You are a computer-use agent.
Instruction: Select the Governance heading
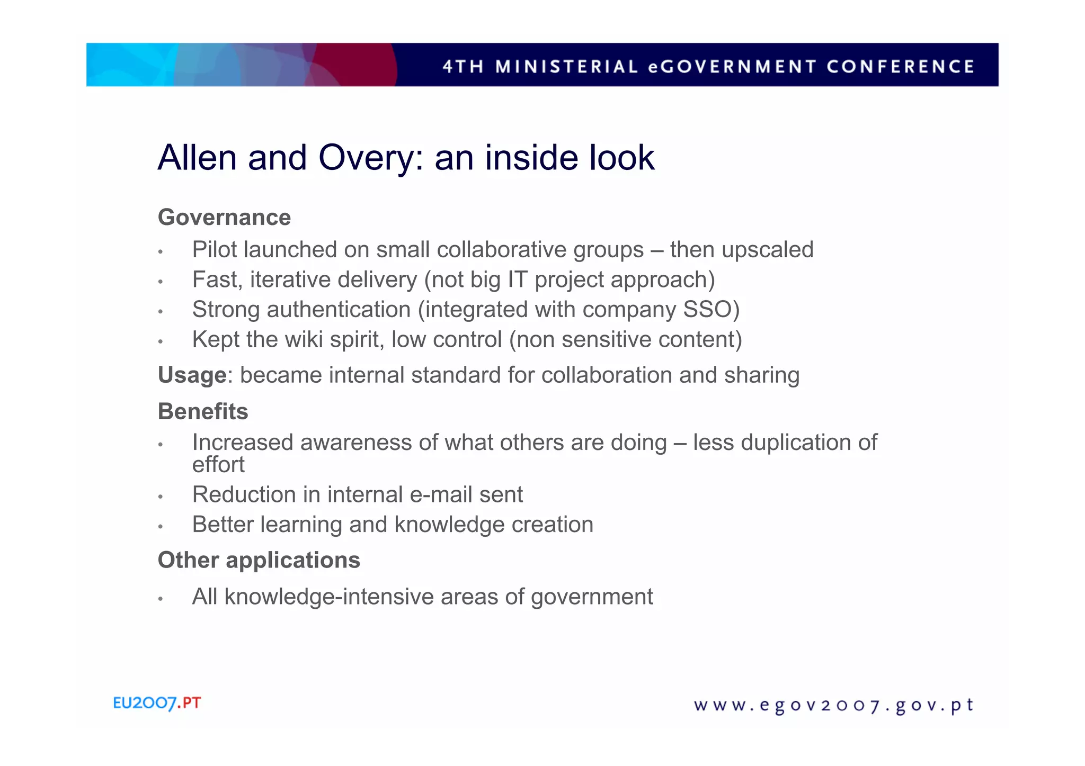click(224, 217)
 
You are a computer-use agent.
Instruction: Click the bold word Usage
click(192, 375)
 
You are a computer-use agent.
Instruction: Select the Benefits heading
click(203, 411)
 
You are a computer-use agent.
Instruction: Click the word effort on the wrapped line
click(218, 465)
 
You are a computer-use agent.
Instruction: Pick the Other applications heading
click(259, 560)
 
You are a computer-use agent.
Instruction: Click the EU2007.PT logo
click(157, 703)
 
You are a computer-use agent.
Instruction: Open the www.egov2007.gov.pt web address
click(833, 705)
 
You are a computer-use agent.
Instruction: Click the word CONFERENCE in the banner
click(900, 67)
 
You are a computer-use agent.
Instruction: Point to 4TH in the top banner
click(463, 67)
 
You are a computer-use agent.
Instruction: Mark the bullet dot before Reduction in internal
click(160, 497)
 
